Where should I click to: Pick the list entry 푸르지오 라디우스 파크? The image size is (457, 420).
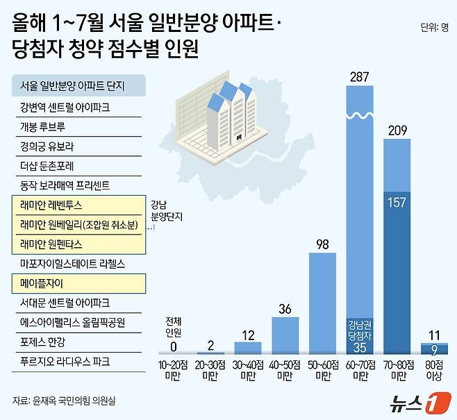coord(65,362)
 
